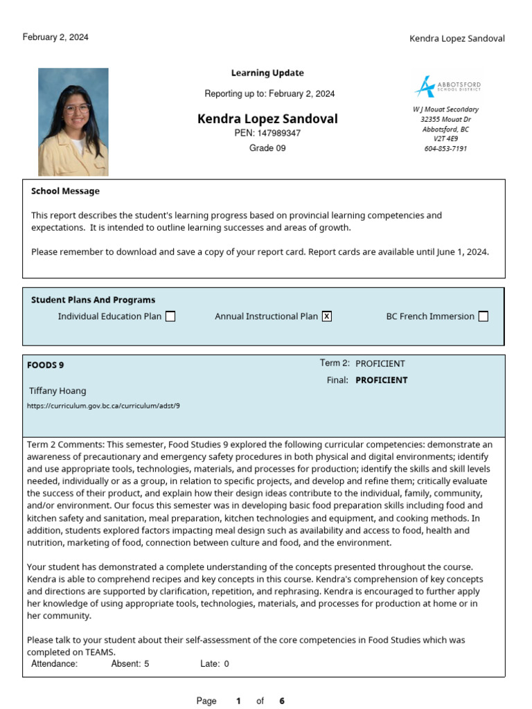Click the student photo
point(73,122)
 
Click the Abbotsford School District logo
point(447,87)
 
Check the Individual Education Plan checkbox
point(170,316)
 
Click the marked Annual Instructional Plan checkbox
point(327,316)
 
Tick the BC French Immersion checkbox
point(483,316)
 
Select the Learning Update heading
point(267,73)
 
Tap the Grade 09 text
point(267,148)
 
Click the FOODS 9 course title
point(46,365)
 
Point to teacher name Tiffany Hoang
point(57,391)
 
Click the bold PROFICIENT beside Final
point(381,380)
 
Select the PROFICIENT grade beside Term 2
point(380,364)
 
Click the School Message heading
point(65,191)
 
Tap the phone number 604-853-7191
point(445,148)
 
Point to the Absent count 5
point(146,664)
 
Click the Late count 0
point(226,664)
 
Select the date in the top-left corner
point(55,37)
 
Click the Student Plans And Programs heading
point(93,300)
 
